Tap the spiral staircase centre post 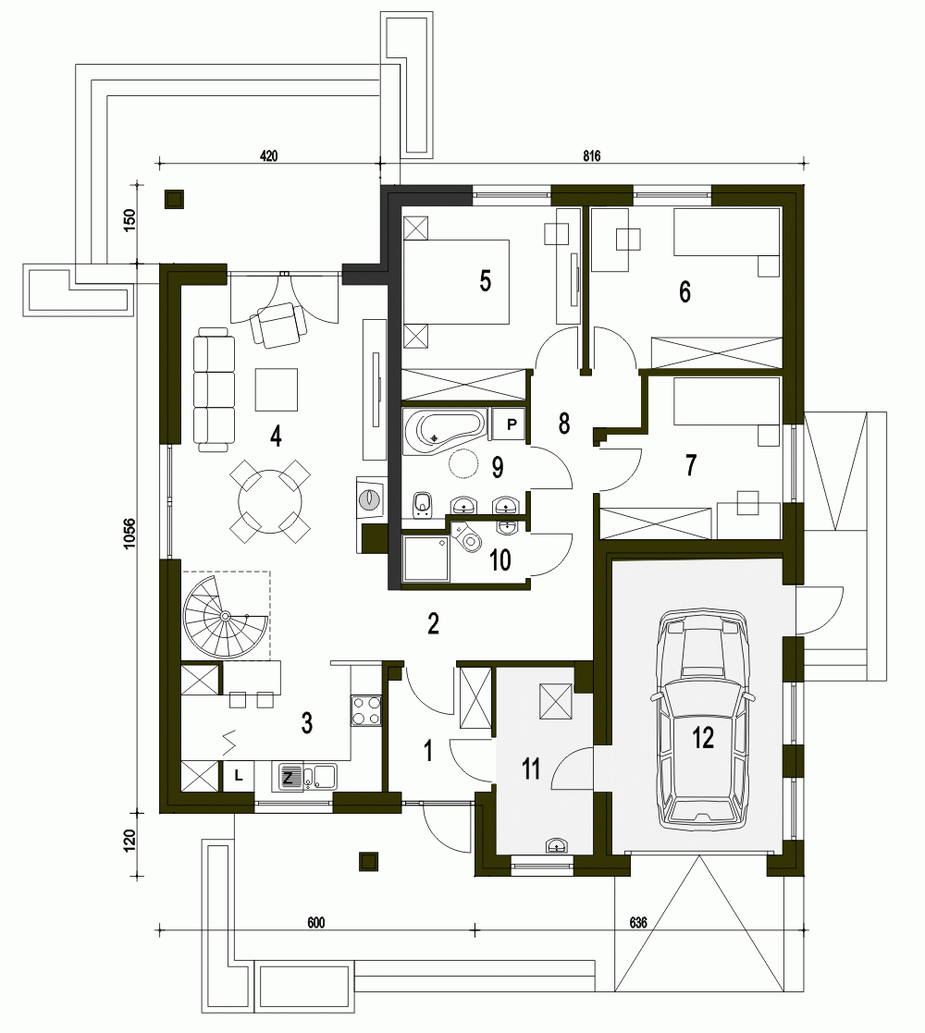click(x=225, y=616)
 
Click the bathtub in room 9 click(x=444, y=432)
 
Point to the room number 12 click(x=703, y=738)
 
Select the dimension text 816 click(x=592, y=156)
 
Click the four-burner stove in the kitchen click(x=366, y=710)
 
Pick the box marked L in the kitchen click(x=239, y=775)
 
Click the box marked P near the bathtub click(x=512, y=424)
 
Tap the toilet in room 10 click(x=468, y=537)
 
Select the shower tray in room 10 click(x=426, y=560)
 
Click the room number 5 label click(x=485, y=281)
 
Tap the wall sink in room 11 click(x=558, y=845)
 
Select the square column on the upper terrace click(x=174, y=199)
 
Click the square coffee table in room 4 click(x=276, y=389)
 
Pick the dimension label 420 click(x=269, y=156)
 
